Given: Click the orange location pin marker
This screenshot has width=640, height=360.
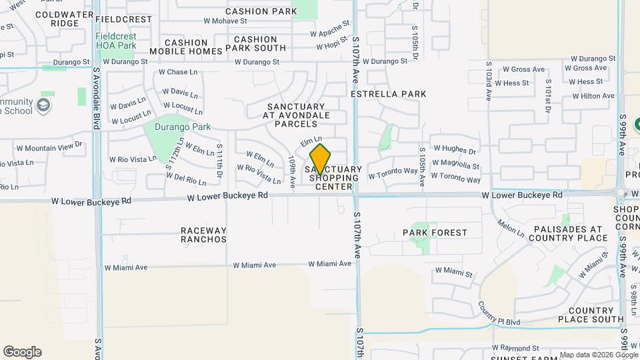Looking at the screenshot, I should tap(320, 160).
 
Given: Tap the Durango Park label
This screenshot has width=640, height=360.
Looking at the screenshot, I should tap(183, 127).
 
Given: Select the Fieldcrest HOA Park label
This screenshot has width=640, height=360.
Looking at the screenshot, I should tap(116, 41).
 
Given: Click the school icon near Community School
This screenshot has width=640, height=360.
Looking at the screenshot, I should tap(43, 105).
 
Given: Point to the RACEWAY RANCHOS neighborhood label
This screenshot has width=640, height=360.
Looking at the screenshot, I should tap(203, 235).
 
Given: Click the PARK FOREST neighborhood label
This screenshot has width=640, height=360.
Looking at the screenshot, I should tap(435, 233).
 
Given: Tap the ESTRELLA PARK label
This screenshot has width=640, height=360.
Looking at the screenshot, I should tap(389, 94).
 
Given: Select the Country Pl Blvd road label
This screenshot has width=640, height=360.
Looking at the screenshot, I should tap(499, 313).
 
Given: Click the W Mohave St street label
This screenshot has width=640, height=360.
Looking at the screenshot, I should tap(225, 21).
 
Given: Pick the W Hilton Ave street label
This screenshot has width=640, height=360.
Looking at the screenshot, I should tap(588, 96).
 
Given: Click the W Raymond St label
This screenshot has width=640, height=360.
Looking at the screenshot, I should tap(515, 348).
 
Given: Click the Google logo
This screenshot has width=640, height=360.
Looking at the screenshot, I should tap(22, 352).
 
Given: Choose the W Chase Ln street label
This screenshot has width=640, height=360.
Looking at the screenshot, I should tap(177, 72).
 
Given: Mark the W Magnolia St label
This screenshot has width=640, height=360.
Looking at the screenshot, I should tap(456, 165).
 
